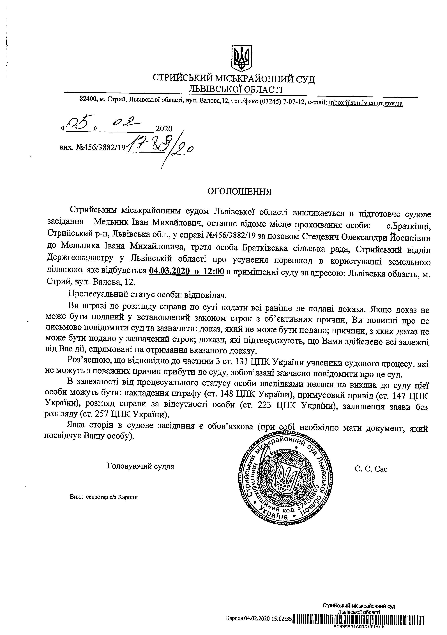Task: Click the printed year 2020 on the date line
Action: [x=164, y=129]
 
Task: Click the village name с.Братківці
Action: [x=409, y=226]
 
